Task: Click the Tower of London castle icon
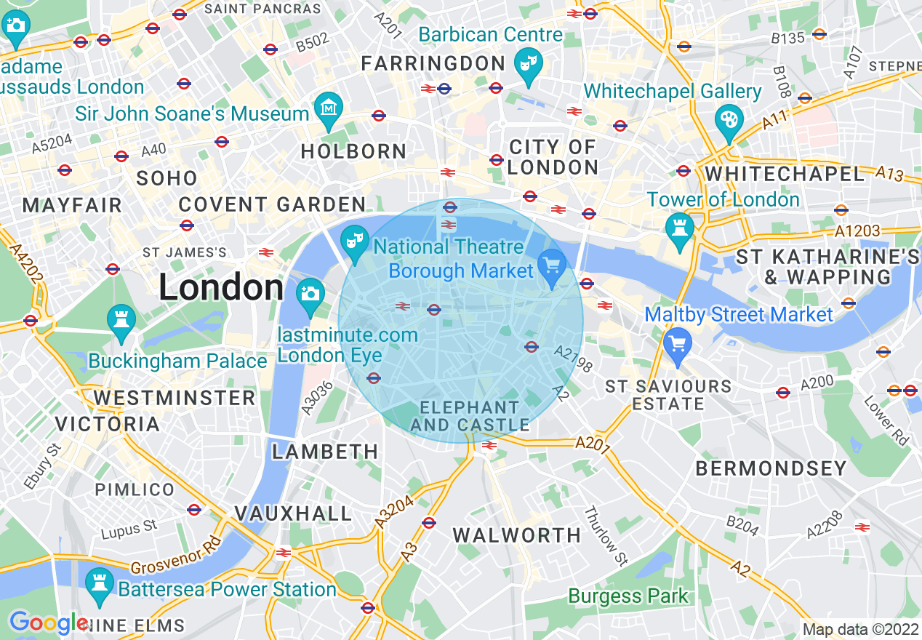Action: click(x=680, y=231)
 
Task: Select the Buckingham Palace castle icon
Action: click(x=121, y=322)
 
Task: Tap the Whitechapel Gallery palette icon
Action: click(x=726, y=122)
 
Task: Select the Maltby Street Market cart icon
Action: click(x=678, y=343)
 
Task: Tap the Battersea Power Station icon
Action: click(x=98, y=585)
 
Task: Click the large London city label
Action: click(x=221, y=288)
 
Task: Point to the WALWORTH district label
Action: click(x=517, y=536)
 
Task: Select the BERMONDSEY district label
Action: click(x=771, y=468)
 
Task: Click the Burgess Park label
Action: click(x=628, y=596)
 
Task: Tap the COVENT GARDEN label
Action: click(x=273, y=204)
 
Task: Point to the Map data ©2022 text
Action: click(x=860, y=629)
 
